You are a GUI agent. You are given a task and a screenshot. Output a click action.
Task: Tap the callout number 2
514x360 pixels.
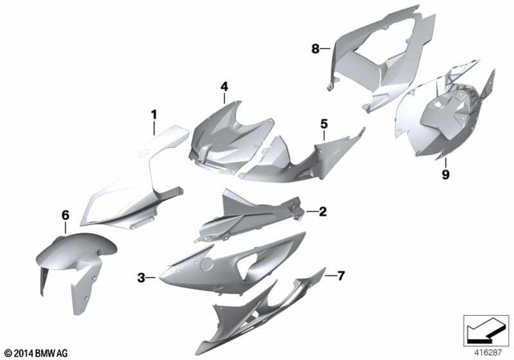point(322,212)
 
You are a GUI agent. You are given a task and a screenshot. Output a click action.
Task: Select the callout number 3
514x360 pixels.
point(141,278)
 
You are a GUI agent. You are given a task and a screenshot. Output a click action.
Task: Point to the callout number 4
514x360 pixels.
point(224,86)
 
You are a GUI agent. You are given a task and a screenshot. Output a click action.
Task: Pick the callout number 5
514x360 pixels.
point(324,124)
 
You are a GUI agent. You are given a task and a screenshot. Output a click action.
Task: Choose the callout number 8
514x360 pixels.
point(316,49)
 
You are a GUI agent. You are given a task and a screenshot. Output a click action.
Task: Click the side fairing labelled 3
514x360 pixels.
point(225,265)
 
